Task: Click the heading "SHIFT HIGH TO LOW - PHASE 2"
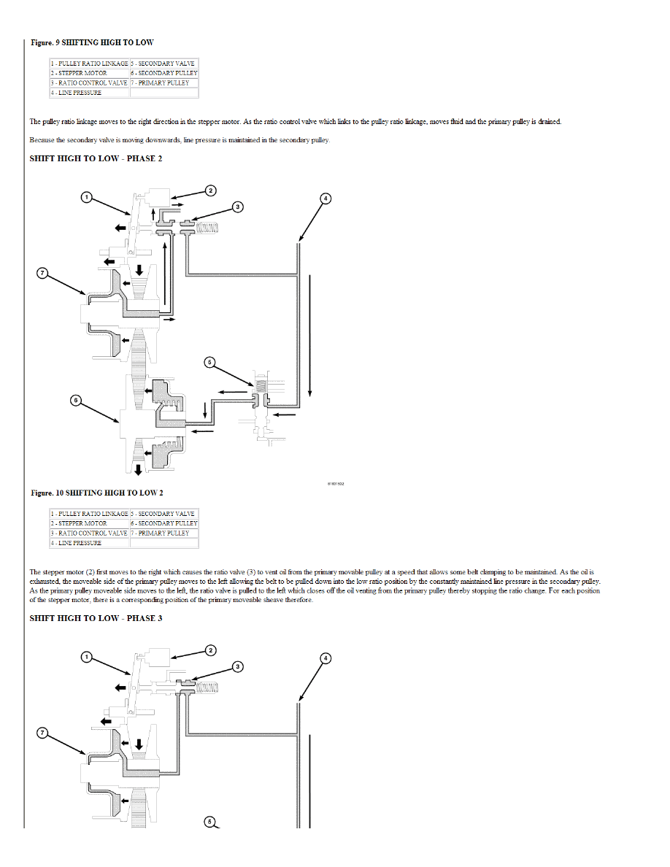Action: pyautogui.click(x=96, y=158)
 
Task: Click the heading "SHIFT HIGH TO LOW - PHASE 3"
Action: pyautogui.click(x=96, y=618)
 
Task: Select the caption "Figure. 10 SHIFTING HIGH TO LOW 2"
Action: pyautogui.click(x=97, y=493)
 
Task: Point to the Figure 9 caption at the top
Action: pyautogui.click(x=92, y=43)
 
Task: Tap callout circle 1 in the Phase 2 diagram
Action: pyautogui.click(x=86, y=197)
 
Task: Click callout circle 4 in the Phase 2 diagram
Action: pyautogui.click(x=326, y=198)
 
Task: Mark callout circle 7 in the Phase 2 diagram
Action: pyautogui.click(x=42, y=273)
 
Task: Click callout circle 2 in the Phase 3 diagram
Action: pyautogui.click(x=210, y=650)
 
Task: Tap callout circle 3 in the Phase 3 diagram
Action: pyautogui.click(x=238, y=666)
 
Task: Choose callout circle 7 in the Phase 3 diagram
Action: pyautogui.click(x=42, y=733)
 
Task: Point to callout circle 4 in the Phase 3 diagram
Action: pyautogui.click(x=326, y=658)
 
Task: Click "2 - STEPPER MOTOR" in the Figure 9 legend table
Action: pyautogui.click(x=79, y=73)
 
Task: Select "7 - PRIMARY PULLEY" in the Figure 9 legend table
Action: pyautogui.click(x=160, y=83)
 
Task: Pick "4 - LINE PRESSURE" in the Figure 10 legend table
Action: pyautogui.click(x=77, y=543)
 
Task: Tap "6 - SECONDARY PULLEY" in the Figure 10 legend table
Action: pyautogui.click(x=163, y=523)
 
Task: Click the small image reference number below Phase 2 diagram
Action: pyautogui.click(x=336, y=484)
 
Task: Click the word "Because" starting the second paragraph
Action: pyautogui.click(x=42, y=140)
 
